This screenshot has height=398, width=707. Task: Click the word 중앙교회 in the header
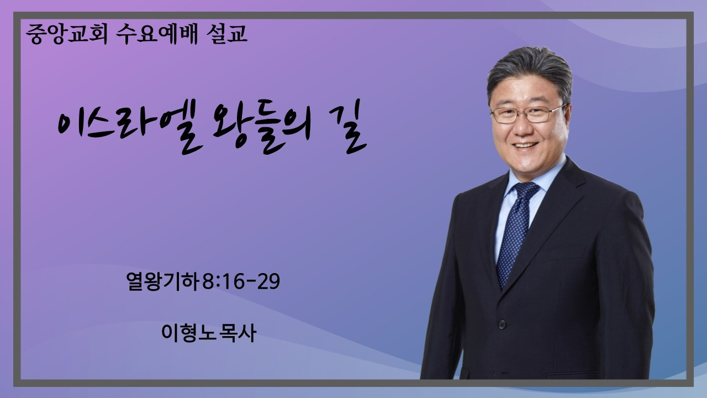pos(67,34)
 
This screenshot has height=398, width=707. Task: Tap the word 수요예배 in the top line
pos(156,34)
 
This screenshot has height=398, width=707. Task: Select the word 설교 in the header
pos(226,34)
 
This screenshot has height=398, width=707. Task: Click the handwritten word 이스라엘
pos(129,127)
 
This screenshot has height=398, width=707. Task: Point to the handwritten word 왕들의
pos(262,127)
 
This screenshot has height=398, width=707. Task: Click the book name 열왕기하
pos(162,281)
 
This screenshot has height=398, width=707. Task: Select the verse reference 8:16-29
pos(241,281)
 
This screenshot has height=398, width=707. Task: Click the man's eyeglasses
pos(527,114)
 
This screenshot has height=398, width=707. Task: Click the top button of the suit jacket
pos(502,324)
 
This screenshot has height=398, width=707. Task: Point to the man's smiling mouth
pos(525,145)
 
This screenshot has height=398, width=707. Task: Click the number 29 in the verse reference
pos(268,281)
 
